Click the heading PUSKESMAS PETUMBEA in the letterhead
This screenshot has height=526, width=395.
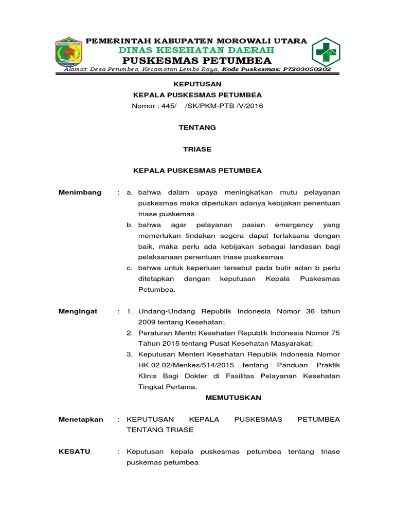[197, 61]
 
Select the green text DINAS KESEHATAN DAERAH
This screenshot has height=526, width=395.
[196, 50]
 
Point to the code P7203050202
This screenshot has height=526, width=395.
[306, 69]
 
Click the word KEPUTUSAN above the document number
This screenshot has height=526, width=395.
[197, 84]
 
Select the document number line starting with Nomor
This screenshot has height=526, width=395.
[197, 106]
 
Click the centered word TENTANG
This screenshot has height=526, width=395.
[197, 127]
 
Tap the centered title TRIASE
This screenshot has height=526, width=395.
[197, 149]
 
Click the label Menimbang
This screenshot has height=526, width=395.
[80, 192]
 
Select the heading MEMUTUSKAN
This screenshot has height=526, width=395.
[234, 398]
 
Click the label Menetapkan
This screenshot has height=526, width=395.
[81, 419]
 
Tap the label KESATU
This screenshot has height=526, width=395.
[75, 452]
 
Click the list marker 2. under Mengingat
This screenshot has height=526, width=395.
[130, 333]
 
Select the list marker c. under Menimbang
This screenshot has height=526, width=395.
[130, 268]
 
